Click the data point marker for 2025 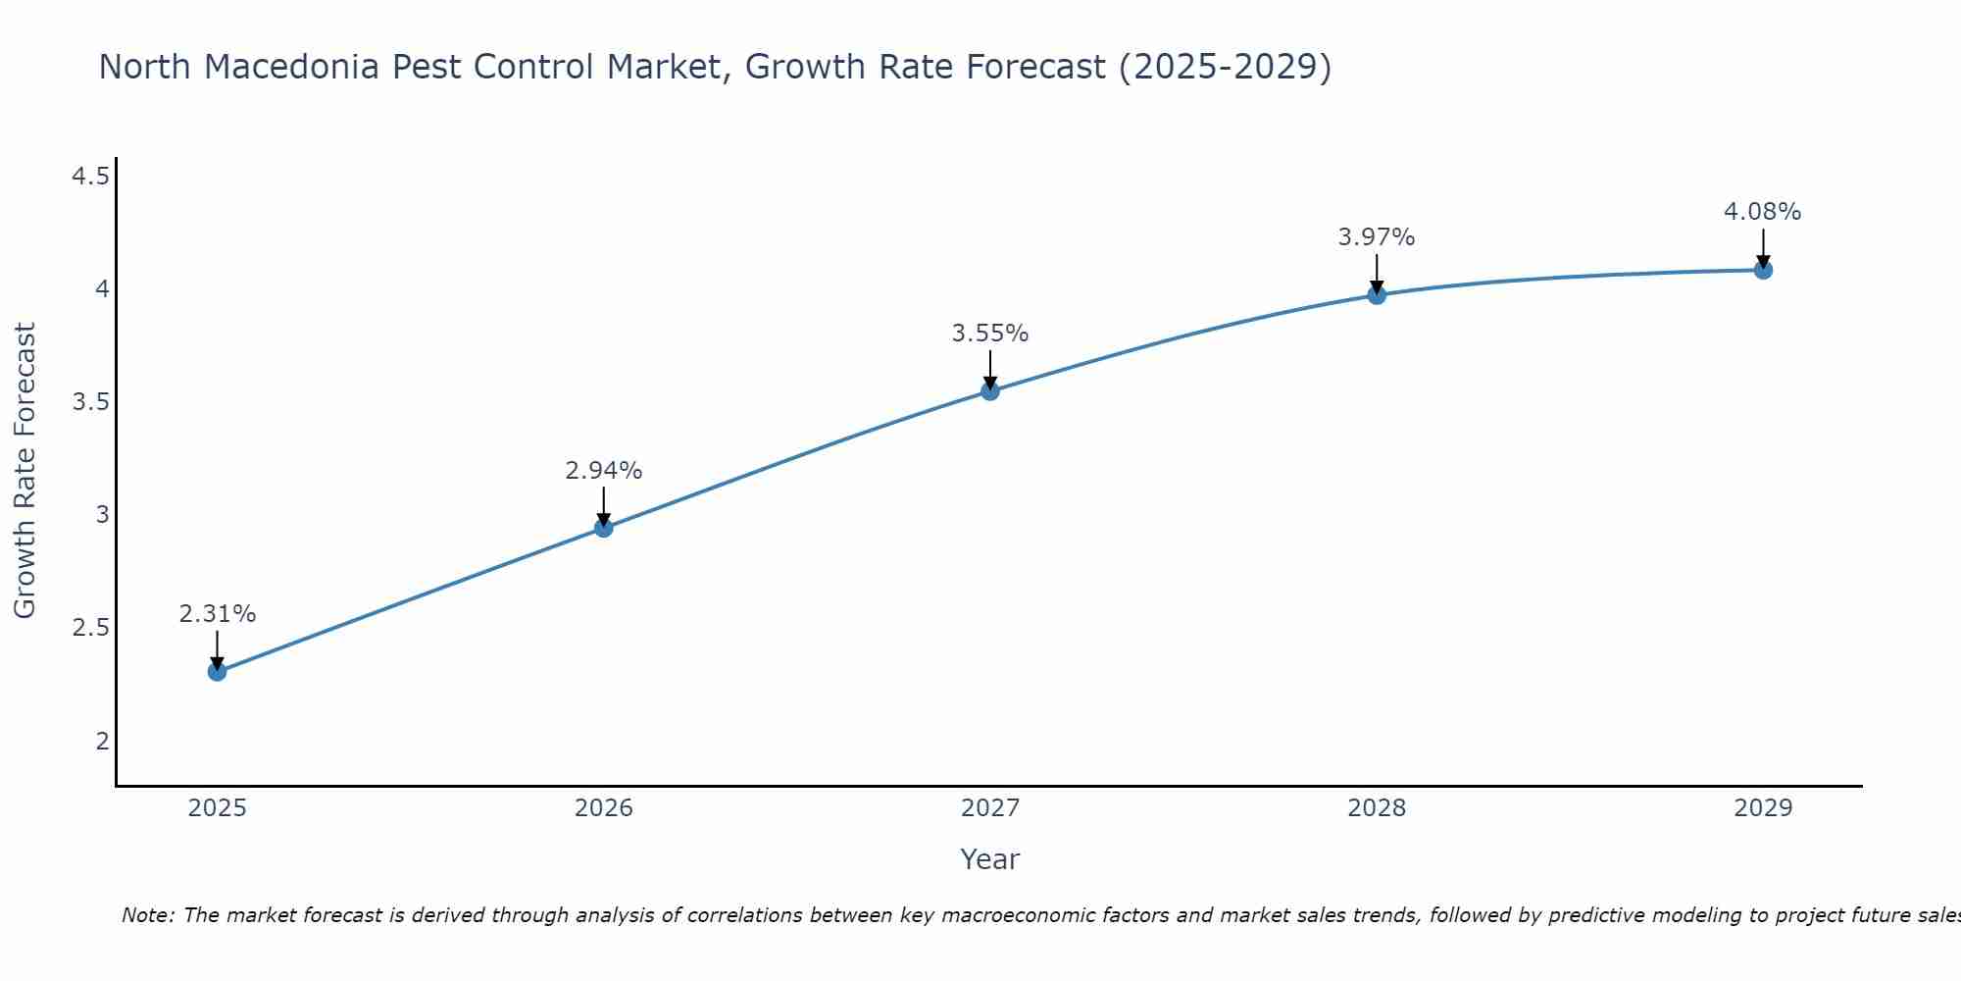tap(217, 672)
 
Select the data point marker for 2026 tap(604, 528)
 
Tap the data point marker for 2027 tap(990, 391)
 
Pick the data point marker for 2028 tap(1377, 295)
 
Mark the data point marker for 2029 tap(1763, 270)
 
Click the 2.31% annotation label tap(217, 614)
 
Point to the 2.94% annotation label tap(604, 471)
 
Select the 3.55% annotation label tap(990, 334)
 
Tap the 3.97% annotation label tap(1377, 237)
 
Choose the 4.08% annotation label tap(1763, 212)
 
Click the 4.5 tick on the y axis tap(90, 177)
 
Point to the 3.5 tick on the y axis tap(90, 402)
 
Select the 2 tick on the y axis tap(102, 741)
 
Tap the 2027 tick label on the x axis tap(990, 808)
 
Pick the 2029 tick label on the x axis tap(1763, 808)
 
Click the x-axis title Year tap(990, 859)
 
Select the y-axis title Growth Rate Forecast tap(25, 471)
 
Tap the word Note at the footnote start tap(147, 915)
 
